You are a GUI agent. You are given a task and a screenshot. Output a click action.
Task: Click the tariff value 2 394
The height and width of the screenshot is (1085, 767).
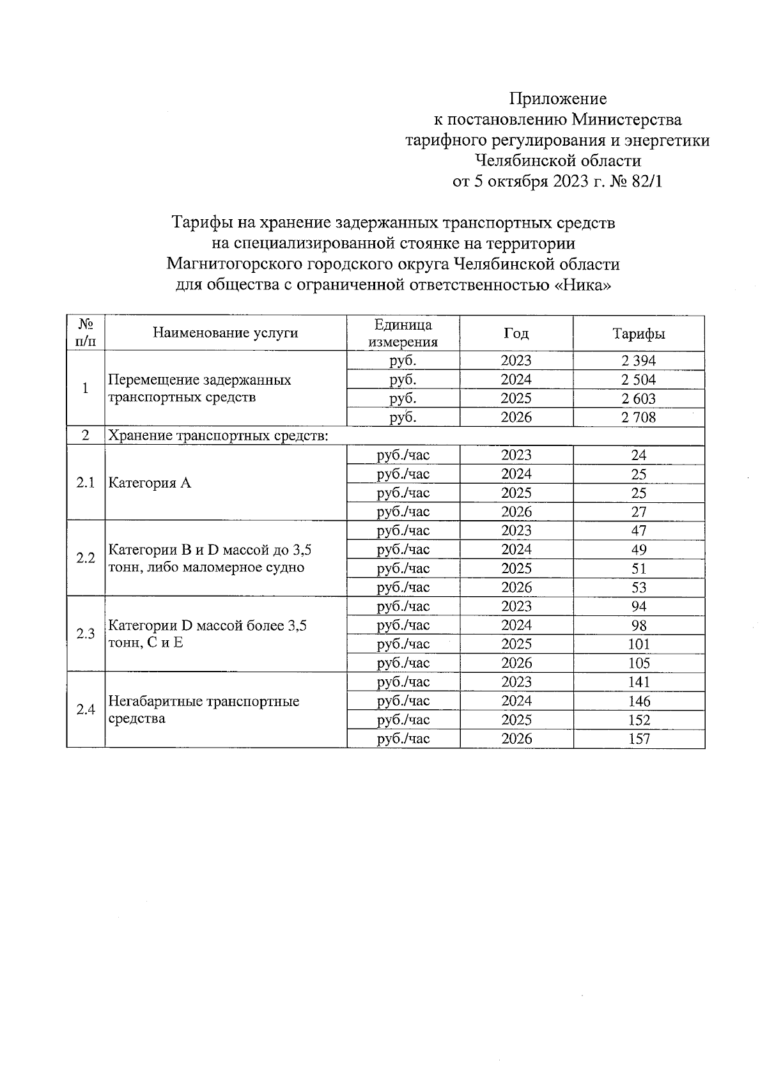pos(638,360)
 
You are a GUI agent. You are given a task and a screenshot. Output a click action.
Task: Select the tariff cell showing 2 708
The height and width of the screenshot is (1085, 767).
pos(638,418)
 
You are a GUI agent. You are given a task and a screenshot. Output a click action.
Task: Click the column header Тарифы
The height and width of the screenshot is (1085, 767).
pos(638,334)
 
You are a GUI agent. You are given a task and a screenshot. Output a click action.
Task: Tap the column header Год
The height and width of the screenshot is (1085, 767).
pos(516,334)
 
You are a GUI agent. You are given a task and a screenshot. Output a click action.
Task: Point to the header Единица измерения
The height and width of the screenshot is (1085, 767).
pos(403,334)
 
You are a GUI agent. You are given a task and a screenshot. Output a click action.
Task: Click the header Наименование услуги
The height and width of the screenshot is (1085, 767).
pos(225,333)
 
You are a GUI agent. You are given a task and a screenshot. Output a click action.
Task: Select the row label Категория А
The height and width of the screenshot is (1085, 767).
pos(150,483)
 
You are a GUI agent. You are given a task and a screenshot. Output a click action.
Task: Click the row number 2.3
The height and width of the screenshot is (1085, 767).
pos(86,634)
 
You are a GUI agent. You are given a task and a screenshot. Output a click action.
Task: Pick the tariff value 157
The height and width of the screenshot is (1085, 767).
pos(639,739)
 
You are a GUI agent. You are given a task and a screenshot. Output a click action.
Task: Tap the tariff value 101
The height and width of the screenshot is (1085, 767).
pos(639,645)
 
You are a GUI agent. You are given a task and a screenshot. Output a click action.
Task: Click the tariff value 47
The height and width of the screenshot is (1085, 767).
pos(639,531)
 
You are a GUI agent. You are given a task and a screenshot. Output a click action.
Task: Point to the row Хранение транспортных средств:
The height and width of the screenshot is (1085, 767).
pos(218,436)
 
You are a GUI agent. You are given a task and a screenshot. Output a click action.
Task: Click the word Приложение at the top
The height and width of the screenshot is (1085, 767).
pos(557,99)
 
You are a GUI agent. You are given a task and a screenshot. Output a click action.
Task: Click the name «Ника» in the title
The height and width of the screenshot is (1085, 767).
pos(582,285)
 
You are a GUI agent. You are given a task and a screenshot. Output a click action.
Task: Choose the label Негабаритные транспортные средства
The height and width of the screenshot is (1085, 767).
pos(203,710)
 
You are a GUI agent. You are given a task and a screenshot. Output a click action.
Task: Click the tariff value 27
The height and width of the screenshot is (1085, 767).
pos(639,512)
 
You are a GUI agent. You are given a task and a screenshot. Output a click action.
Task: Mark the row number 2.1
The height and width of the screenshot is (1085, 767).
pos(86,483)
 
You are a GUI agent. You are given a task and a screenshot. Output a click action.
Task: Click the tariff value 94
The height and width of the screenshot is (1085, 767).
pos(639,606)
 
